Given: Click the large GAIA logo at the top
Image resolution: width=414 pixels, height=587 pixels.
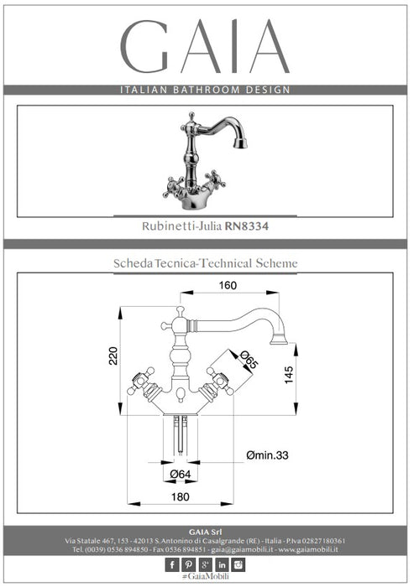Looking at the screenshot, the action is point(205,46).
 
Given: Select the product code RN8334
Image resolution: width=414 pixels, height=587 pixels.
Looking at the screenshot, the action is point(246,226).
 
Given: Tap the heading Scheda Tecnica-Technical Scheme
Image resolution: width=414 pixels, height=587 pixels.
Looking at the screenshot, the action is point(206,263).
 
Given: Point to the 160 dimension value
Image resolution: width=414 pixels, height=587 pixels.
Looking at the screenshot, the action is point(228,286).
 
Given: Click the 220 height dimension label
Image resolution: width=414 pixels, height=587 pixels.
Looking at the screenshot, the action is point(113,356).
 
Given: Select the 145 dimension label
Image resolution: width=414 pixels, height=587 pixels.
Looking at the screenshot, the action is point(288,375).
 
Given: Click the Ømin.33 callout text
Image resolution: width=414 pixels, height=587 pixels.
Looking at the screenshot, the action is point(267,455).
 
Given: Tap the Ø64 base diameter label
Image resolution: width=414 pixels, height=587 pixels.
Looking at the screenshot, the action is point(181,474).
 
